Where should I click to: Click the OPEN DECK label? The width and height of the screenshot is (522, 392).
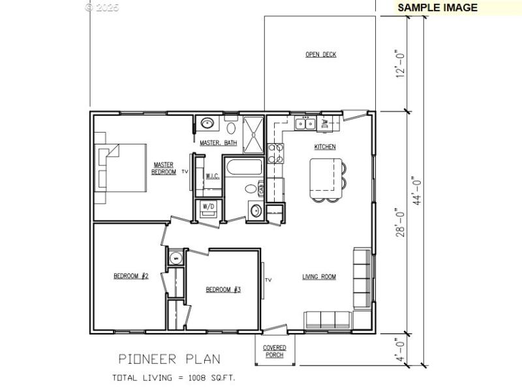point(321,55)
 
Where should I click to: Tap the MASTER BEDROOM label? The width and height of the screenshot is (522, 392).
point(164,168)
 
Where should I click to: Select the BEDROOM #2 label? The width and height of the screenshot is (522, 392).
point(131,276)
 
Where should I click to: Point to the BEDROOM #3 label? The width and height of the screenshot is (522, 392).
point(223,289)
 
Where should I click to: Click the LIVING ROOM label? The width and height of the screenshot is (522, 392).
point(319,277)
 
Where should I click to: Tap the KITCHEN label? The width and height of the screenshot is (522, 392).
point(325,147)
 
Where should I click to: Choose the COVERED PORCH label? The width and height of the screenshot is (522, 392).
point(275,351)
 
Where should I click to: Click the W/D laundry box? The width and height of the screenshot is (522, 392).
point(209,207)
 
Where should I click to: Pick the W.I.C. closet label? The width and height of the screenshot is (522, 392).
point(212,176)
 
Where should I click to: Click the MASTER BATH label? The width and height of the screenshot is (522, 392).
point(219,142)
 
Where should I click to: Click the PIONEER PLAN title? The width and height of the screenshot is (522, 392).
point(169,359)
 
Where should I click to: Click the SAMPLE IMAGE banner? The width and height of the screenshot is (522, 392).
point(437,8)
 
